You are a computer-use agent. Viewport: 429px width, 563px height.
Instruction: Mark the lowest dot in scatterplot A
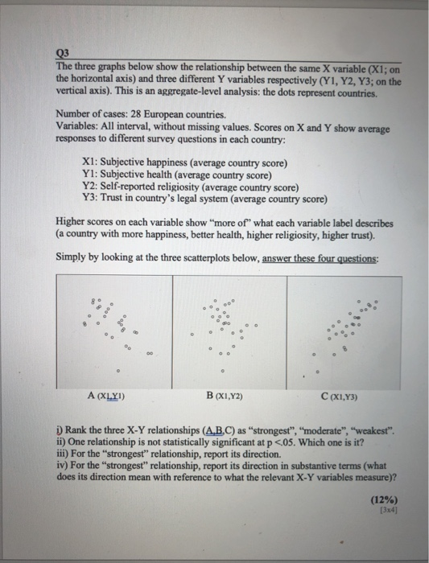118,372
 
